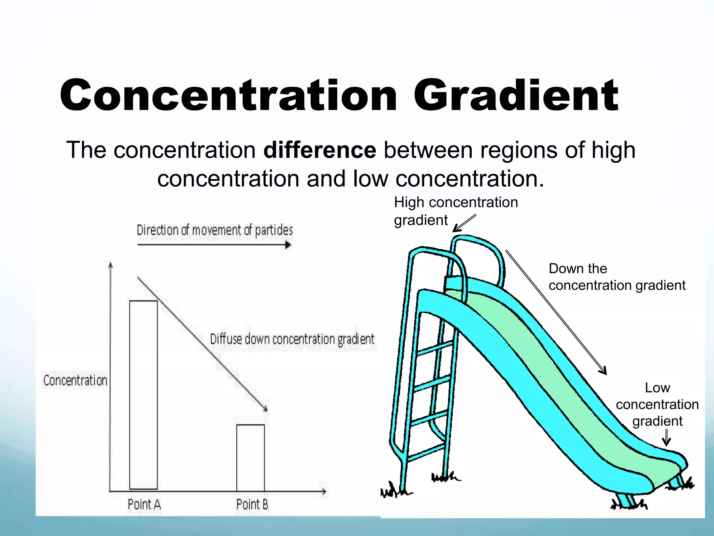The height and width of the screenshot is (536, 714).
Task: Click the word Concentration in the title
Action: [x=228, y=95]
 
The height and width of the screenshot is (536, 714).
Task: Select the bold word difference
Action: [x=320, y=150]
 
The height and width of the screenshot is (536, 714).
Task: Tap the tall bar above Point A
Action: [x=143, y=394]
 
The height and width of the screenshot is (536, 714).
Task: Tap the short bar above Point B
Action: [x=250, y=457]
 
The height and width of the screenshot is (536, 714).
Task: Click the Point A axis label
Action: [x=144, y=504]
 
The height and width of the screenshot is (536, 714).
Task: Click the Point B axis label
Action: [x=252, y=504]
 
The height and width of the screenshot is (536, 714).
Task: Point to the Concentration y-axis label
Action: [x=75, y=380]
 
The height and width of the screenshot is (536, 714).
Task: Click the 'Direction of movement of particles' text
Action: [x=214, y=230]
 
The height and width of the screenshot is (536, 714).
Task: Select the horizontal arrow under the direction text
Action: [x=214, y=245]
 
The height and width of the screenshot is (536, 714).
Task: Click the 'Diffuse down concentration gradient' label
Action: [x=292, y=339]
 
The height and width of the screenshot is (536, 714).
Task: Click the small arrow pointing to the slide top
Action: [x=464, y=223]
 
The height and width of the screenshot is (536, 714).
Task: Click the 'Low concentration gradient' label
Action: [x=657, y=404]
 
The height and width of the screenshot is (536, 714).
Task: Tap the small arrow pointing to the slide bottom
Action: [x=666, y=438]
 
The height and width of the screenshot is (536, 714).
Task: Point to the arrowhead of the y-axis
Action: [x=111, y=265]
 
